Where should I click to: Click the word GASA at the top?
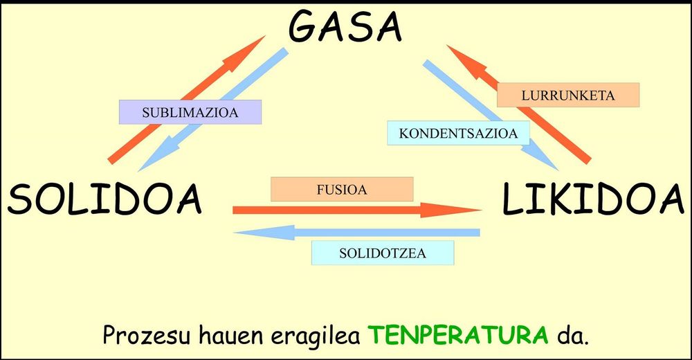345,27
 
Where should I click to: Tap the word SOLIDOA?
104,199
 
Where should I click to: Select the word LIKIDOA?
593,199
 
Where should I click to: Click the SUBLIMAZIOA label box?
190,112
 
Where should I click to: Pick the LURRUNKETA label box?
568,95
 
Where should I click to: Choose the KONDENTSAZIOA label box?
458,133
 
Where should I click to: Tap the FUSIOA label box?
342,190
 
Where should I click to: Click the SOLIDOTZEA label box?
383,253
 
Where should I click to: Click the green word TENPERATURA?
458,335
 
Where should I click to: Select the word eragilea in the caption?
315,336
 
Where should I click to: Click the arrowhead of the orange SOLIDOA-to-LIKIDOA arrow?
450,210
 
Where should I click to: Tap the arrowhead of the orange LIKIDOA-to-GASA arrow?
466,62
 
